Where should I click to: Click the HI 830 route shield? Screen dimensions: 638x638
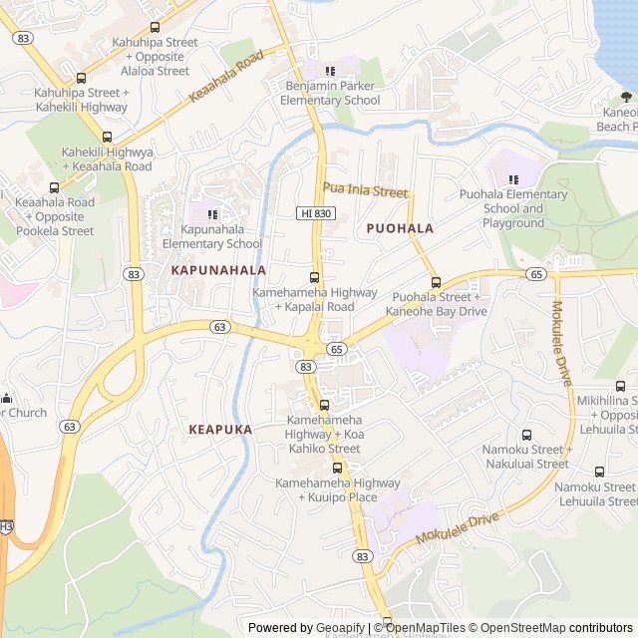tap(316, 213)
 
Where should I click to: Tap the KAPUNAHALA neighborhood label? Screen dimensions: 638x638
tap(218, 270)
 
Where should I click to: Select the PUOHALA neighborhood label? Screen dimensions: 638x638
tap(400, 228)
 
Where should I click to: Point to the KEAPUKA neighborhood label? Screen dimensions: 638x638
tap(220, 430)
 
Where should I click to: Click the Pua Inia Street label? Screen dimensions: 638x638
tap(365, 190)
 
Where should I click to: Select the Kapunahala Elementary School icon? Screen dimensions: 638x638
tap(211, 213)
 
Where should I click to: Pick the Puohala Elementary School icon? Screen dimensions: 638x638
tap(513, 179)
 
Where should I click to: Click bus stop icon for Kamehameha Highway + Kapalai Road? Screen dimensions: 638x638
tap(315, 277)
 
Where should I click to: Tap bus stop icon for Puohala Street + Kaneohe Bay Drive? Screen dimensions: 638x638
tap(436, 282)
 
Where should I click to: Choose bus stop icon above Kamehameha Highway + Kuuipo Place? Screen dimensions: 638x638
tap(337, 468)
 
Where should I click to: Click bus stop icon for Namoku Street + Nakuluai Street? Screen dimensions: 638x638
tap(526, 435)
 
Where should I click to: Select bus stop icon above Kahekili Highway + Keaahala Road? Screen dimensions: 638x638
tap(107, 137)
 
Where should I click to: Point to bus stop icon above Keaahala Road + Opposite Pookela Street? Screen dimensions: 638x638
tap(54, 186)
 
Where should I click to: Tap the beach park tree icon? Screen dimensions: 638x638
tap(626, 97)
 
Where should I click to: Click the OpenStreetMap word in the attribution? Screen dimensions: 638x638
tap(525, 628)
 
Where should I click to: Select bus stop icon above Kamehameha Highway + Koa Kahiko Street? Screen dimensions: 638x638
tap(324, 405)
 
